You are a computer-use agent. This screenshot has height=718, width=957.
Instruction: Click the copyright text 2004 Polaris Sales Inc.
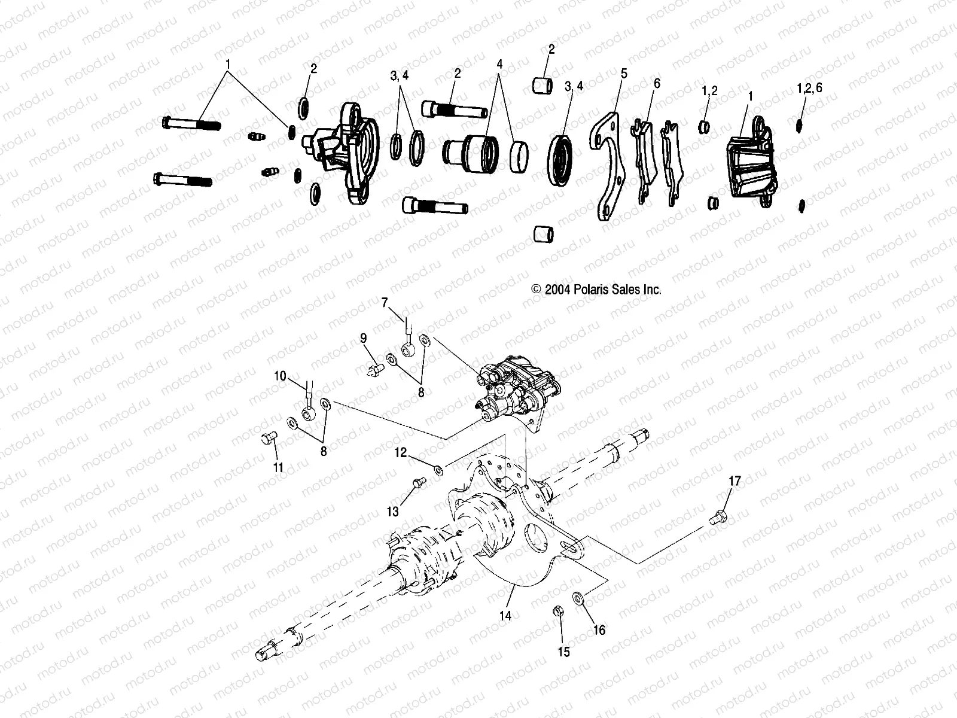[596, 290]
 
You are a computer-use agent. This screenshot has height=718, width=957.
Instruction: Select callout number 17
[734, 481]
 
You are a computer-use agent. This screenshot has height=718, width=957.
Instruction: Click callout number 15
[564, 652]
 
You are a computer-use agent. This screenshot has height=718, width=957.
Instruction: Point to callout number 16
[599, 630]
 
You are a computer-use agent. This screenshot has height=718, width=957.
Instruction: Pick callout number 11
[279, 467]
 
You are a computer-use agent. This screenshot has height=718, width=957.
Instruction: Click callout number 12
[400, 454]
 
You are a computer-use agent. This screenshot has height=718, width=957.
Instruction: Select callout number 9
[363, 338]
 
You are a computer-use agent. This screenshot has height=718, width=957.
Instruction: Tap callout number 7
[385, 303]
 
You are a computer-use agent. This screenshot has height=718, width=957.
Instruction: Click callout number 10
[281, 376]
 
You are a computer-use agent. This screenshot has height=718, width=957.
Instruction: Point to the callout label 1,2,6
[810, 87]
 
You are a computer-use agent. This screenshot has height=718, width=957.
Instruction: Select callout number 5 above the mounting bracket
[624, 74]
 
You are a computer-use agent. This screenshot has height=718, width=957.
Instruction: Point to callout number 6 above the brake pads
[657, 83]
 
